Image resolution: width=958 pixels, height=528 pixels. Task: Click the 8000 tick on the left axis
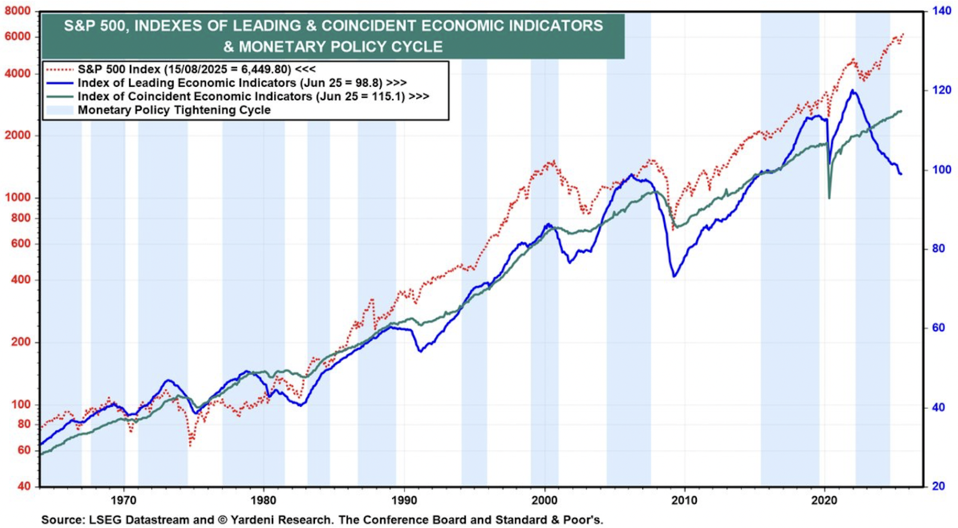tap(17, 11)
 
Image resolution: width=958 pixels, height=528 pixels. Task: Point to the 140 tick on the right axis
tap(942, 11)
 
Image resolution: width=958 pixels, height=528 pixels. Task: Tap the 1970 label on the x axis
tap(123, 500)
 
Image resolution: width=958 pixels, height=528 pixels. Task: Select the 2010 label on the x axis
tap(684, 500)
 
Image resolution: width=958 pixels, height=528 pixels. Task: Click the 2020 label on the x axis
tap(824, 500)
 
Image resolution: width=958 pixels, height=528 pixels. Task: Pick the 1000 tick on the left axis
tap(18, 198)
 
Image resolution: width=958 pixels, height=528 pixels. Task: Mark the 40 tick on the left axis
tap(24, 486)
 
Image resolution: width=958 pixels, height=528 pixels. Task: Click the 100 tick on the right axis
tap(942, 170)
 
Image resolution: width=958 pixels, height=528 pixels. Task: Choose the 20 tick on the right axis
tap(939, 486)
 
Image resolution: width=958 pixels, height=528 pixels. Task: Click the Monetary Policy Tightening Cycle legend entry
tap(174, 110)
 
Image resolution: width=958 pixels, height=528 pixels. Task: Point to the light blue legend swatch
tap(59, 110)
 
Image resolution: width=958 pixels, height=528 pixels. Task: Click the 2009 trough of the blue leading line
tap(674, 276)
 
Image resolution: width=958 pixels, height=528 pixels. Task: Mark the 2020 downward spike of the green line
tap(829, 198)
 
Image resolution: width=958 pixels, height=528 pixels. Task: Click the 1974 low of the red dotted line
tap(190, 445)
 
